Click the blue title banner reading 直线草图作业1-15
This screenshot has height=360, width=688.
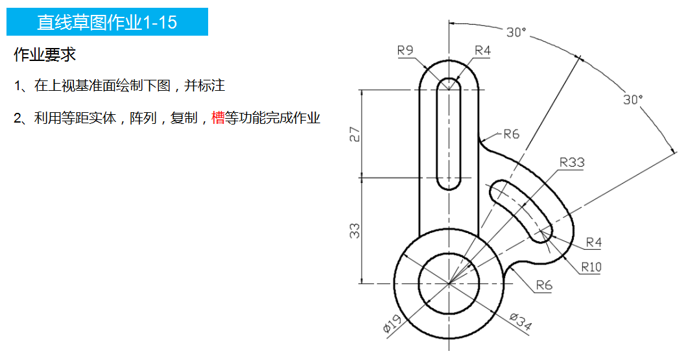pyautogui.click(x=107, y=22)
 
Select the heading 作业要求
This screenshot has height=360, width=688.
pyautogui.click(x=45, y=55)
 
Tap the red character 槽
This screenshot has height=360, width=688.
pyautogui.click(x=218, y=118)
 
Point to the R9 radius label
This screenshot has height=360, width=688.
pyautogui.click(x=406, y=51)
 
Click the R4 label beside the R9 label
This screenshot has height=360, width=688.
pyautogui.click(x=482, y=51)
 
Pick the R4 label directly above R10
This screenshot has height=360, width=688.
pyautogui.click(x=593, y=242)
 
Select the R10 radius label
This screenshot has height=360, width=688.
pyautogui.click(x=591, y=266)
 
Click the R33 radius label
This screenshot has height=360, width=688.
pyautogui.click(x=571, y=162)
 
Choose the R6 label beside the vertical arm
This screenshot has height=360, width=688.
pyautogui.click(x=512, y=134)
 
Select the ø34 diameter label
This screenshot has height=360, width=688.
pyautogui.click(x=521, y=322)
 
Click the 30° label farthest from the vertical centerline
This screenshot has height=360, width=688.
pyautogui.click(x=633, y=99)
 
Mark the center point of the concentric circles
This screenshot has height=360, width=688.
pyautogui.click(x=449, y=283)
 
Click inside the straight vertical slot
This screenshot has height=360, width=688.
pyautogui.click(x=449, y=136)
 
